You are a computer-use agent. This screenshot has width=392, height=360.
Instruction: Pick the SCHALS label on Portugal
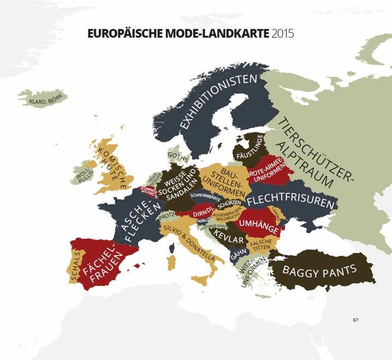coord(75,265)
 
